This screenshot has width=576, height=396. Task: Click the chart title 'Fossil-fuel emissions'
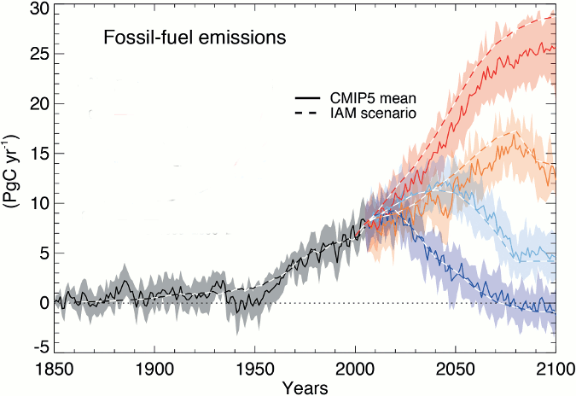coord(195,38)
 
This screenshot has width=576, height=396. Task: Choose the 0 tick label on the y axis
coord(38,302)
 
